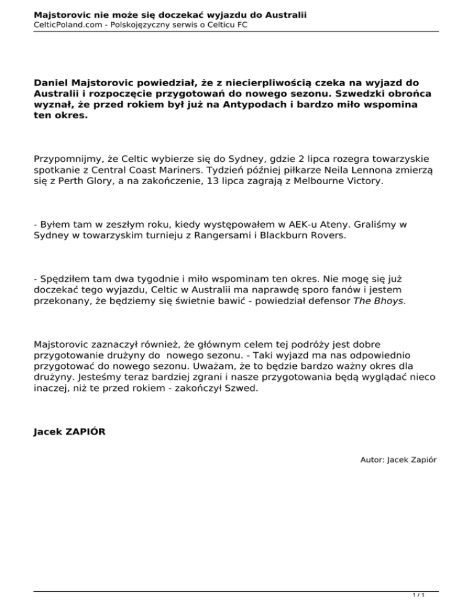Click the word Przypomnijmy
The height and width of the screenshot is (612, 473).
[65, 158]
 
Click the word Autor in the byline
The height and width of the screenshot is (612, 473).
[372, 459]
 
